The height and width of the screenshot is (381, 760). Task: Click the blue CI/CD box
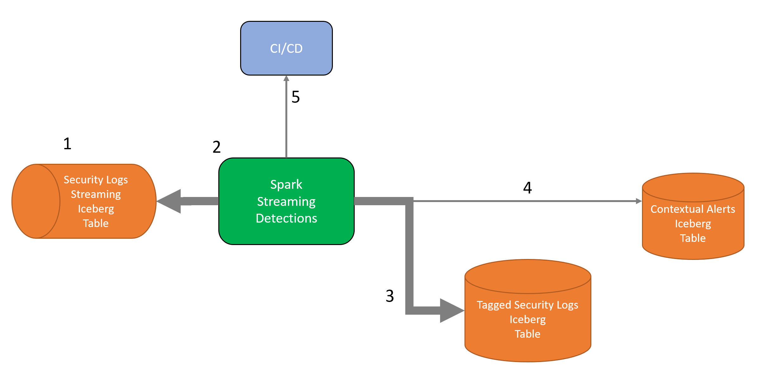286,48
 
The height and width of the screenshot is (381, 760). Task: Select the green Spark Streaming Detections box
286,201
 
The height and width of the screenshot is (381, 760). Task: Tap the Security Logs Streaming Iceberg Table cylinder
84,201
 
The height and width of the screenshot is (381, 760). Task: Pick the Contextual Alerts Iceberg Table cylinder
693,216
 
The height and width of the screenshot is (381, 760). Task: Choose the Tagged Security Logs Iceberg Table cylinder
528,310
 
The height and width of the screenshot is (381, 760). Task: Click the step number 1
67,144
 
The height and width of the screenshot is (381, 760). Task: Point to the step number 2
216,147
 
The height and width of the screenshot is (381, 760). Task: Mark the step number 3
390,296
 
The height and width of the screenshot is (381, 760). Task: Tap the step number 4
527,187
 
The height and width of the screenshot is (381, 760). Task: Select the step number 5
296,97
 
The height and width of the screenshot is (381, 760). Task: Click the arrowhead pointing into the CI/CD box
286,78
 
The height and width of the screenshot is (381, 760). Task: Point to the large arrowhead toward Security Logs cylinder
169,201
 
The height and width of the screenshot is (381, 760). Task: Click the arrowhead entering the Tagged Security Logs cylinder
452,310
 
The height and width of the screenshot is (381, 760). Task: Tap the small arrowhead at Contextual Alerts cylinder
639,201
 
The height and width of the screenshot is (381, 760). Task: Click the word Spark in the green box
286,185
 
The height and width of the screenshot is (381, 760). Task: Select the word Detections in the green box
286,218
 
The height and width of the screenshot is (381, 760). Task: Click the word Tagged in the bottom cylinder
494,305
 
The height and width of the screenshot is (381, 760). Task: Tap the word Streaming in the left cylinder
96,194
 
